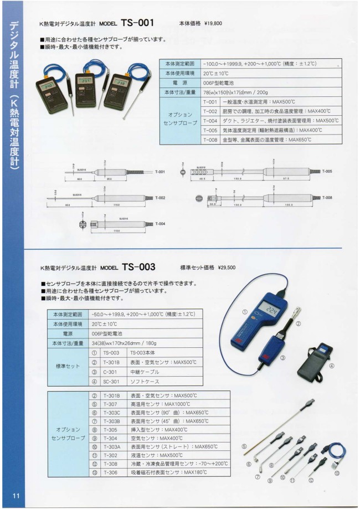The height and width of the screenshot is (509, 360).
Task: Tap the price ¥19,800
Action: tap(213, 24)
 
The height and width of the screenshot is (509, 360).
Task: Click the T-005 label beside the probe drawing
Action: tap(327, 172)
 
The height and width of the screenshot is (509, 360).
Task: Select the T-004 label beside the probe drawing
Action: tap(161, 224)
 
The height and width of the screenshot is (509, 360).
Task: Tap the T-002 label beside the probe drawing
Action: tap(160, 198)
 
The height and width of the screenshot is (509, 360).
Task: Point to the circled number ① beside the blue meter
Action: tap(245, 311)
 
